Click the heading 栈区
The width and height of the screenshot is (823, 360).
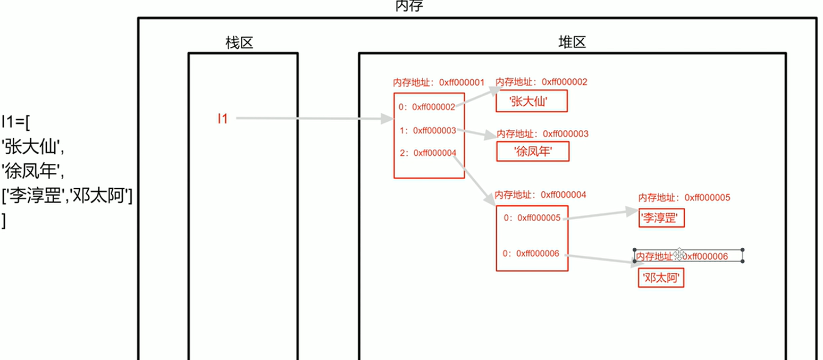coord(239,43)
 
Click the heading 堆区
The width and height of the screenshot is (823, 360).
coord(572,43)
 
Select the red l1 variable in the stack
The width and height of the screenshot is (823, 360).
coord(222,119)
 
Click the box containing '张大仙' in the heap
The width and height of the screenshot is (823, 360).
coord(531,102)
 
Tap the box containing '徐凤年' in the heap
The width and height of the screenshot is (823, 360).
coord(533,152)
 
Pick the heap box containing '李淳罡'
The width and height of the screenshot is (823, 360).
coord(661,217)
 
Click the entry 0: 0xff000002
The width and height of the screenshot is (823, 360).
coord(426,107)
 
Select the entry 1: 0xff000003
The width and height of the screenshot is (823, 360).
coord(427,130)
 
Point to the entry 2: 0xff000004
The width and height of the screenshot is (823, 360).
coord(427,153)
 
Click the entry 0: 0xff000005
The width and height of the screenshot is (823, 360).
coord(531,217)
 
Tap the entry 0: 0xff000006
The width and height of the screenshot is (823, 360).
coord(531,254)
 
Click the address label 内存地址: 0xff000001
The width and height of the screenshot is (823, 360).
coord(439,83)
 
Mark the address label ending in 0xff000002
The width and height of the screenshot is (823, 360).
coord(541,82)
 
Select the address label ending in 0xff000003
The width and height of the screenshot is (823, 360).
coord(542,133)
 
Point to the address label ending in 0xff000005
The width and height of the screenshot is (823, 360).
coord(684,198)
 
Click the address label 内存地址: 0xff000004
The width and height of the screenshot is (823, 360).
coord(540,195)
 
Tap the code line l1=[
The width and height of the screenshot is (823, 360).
coord(16,121)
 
